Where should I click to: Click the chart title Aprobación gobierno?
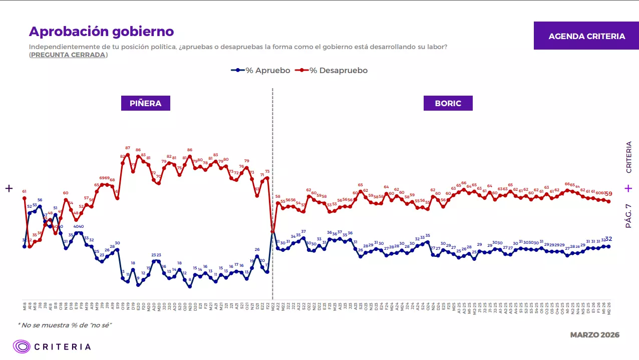coord(101,32)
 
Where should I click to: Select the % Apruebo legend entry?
coord(261,71)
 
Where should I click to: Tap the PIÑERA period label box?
coord(146,103)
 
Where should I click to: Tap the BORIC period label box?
coord(448,103)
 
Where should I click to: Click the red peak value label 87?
coord(128,148)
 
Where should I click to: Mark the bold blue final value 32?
coord(609,239)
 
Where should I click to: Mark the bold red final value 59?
coord(609,194)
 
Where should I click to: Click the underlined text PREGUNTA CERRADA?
coord(68,55)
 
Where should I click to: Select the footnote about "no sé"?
coord(65,325)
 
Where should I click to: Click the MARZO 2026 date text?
coord(595,335)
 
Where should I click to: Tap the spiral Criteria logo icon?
coord(22,346)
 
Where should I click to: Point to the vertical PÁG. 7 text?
coord(628,213)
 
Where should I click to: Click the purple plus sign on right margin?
coord(628,188)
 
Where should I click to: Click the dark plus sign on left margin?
coord(9,188)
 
